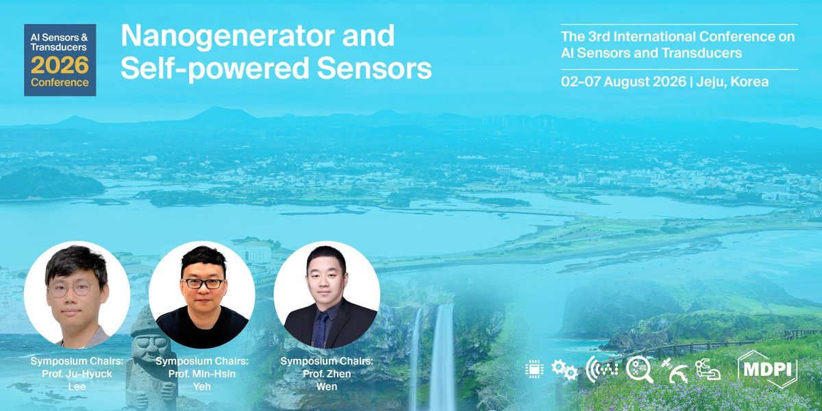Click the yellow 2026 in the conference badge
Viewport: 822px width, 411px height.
[60, 65]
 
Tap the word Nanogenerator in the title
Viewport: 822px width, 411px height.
[227, 36]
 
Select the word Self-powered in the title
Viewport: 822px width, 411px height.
[214, 68]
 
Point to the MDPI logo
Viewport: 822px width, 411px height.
[768, 369]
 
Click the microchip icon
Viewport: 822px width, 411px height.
[534, 369]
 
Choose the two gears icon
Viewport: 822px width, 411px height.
[564, 369]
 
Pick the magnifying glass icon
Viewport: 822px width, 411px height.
[640, 369]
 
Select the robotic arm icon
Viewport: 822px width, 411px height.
[708, 369]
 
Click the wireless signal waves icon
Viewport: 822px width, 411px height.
[602, 369]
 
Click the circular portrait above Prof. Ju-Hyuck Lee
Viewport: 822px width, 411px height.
[77, 295]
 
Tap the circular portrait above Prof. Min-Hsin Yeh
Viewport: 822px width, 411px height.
[202, 295]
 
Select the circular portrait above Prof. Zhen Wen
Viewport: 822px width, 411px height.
[327, 295]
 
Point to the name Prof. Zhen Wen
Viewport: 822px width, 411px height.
[327, 380]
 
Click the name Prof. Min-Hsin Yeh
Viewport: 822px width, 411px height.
[202, 380]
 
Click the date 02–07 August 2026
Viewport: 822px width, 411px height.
[623, 82]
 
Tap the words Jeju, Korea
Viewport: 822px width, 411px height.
[732, 82]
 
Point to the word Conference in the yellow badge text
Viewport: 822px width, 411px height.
[60, 82]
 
